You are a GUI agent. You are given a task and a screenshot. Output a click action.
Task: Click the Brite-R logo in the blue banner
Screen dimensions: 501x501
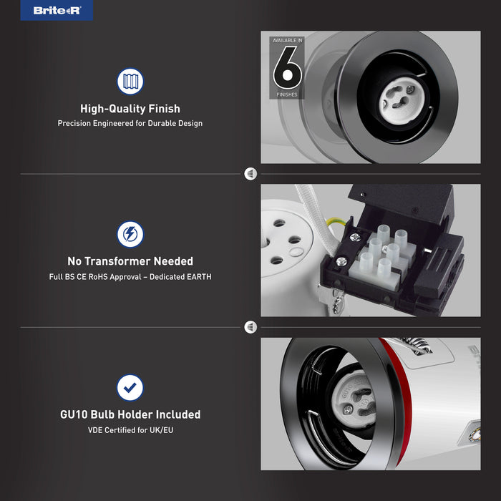click(57, 11)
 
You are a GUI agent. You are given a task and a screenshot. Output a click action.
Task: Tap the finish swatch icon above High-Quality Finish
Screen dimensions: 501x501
click(130, 81)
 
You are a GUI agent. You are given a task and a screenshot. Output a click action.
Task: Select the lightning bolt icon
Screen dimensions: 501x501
click(130, 234)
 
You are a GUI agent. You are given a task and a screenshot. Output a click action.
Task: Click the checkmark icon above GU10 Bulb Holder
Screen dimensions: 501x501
click(130, 388)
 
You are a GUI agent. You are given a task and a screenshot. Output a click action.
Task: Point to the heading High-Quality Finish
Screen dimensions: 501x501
click(130, 109)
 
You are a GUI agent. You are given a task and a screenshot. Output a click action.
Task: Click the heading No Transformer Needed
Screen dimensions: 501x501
click(130, 261)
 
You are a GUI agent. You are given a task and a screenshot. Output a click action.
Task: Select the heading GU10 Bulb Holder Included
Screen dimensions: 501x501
click(130, 414)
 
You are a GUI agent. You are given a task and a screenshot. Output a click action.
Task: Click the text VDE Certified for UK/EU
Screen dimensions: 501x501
click(130, 430)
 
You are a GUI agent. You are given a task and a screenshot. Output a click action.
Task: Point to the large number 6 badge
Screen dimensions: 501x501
click(287, 67)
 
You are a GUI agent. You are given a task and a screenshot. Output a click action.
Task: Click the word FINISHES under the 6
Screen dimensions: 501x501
click(287, 94)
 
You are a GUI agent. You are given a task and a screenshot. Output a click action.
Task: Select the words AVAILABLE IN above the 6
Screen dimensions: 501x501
click(287, 40)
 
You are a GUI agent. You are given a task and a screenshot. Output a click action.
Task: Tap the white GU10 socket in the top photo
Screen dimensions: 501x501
click(402, 99)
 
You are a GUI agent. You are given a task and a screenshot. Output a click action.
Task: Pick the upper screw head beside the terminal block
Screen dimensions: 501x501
click(355, 237)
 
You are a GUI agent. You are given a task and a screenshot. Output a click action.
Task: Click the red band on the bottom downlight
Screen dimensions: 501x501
click(399, 399)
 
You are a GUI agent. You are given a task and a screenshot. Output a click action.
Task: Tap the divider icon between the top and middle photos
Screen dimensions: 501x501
click(250, 174)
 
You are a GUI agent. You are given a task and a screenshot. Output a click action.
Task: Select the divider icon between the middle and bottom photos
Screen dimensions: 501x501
click(250, 327)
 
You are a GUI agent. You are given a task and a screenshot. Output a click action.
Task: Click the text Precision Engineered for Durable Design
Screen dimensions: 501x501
click(130, 123)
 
